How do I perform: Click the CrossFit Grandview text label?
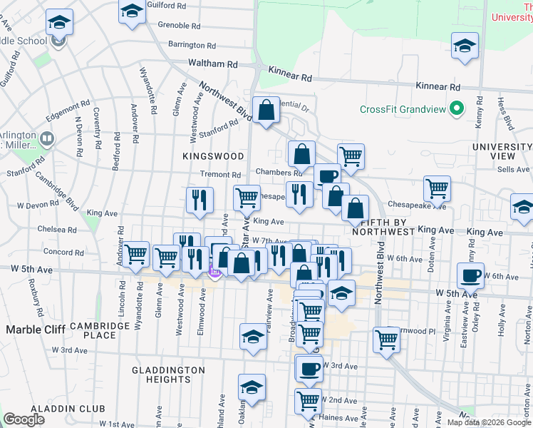tap(403, 109)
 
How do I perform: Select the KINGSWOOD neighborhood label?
tap(213, 156)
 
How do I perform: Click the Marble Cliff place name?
tap(36, 330)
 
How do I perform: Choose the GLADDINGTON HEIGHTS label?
tap(168, 376)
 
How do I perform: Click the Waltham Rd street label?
tap(212, 63)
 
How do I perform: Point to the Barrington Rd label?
tap(187, 44)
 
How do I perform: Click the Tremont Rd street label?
tap(220, 174)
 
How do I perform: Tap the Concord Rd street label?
tap(59, 251)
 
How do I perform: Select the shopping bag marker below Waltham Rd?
tap(266, 111)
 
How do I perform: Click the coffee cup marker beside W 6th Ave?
tap(470, 275)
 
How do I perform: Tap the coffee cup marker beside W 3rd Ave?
tap(309, 368)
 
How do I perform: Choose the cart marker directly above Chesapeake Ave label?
tap(437, 188)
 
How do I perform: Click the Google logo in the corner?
tap(24, 419)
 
